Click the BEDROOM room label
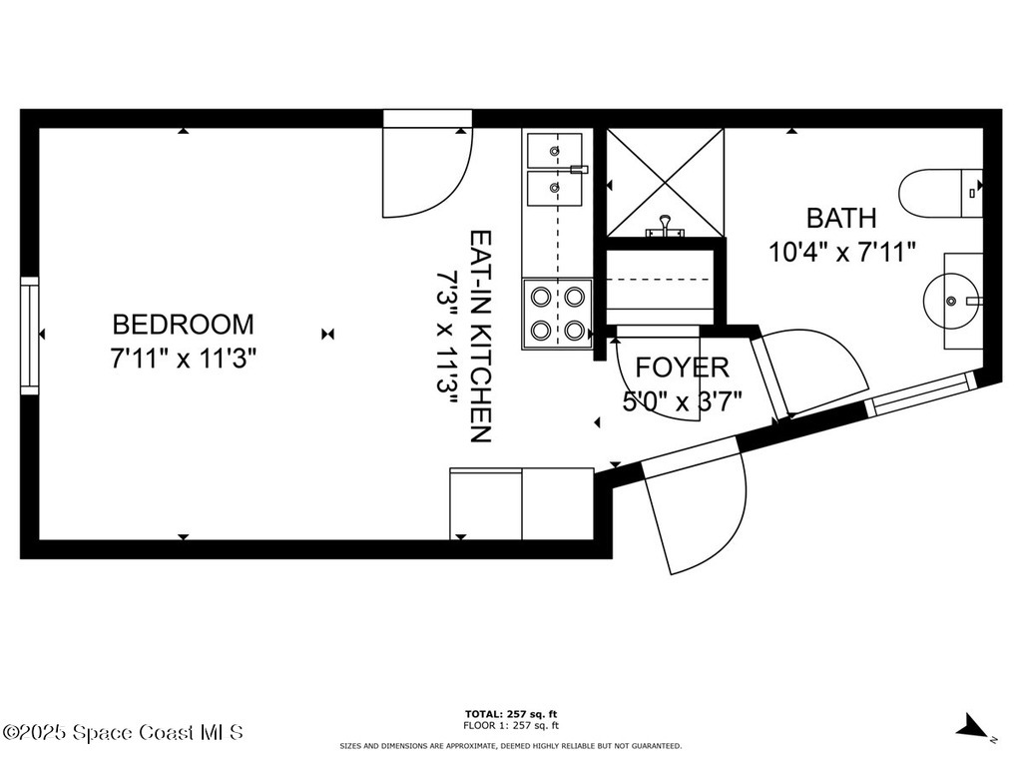pyautogui.click(x=183, y=325)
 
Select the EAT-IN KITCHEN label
pyautogui.click(x=480, y=337)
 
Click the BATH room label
pyautogui.click(x=841, y=218)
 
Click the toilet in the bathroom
pyautogui.click(x=938, y=194)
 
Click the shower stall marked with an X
pyautogui.click(x=665, y=182)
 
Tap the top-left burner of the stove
pyautogui.click(x=542, y=296)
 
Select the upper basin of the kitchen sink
pyautogui.click(x=554, y=150)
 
